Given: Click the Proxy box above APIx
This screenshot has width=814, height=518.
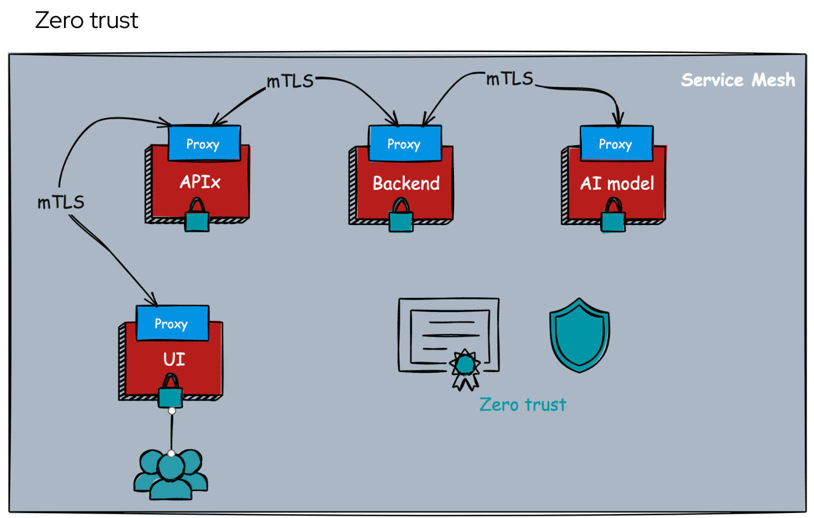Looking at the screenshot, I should [x=204, y=143].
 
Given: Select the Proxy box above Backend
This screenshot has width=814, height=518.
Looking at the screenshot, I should [x=405, y=143].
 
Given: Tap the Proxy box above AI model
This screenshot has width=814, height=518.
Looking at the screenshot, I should [x=616, y=143].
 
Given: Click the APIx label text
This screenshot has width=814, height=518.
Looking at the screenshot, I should [x=200, y=182].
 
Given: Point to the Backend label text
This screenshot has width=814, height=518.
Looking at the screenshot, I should [x=406, y=183].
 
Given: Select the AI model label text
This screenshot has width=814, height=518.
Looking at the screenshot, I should [x=617, y=183].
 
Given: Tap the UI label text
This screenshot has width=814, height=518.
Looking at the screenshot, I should [x=174, y=359].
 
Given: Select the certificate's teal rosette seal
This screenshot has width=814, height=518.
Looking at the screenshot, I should [x=465, y=365].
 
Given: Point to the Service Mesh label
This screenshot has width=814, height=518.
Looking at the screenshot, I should [x=737, y=80].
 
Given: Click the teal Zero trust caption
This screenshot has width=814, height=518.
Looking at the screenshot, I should [x=522, y=404].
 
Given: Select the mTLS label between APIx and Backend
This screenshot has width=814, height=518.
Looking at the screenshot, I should [x=290, y=81].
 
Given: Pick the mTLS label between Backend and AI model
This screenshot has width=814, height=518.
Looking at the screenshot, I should [x=510, y=78].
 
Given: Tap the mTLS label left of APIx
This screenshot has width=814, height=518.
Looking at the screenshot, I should [x=61, y=202].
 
